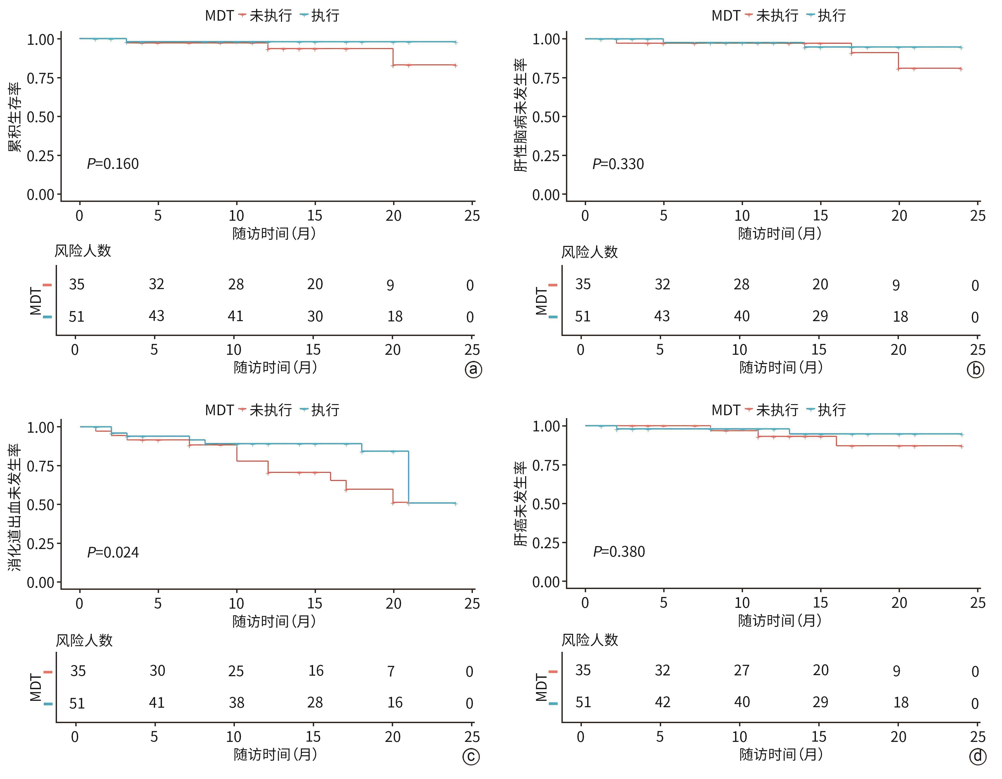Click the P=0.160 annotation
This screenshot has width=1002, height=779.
(x=113, y=164)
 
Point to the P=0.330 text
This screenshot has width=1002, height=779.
(x=618, y=164)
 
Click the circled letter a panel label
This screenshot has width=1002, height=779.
(x=473, y=370)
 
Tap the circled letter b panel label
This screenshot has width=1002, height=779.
(x=976, y=370)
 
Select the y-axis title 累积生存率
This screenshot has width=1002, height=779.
(x=15, y=117)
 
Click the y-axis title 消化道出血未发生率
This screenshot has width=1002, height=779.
(x=15, y=507)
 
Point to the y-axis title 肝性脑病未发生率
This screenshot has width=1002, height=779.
(x=520, y=115)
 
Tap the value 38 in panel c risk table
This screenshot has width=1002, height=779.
(x=236, y=703)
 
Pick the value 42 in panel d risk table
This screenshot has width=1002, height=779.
(x=662, y=702)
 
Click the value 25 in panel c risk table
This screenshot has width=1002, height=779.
(x=236, y=671)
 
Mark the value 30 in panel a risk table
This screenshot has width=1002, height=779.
(x=315, y=316)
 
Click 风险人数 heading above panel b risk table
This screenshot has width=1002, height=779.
(x=590, y=252)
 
